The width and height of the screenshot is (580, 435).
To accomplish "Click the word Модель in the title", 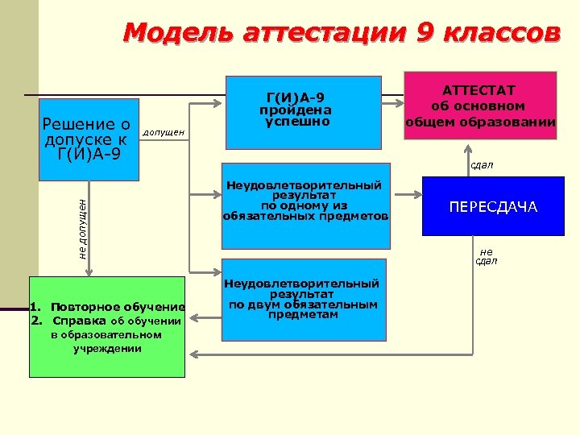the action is pyautogui.click(x=170, y=33).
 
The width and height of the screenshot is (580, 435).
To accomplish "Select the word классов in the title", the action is pyautogui.click(x=503, y=33).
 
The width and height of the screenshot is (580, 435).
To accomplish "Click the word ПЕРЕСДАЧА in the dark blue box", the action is pyautogui.click(x=493, y=208).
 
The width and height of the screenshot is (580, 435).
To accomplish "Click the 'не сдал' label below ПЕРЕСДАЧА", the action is pyautogui.click(x=486, y=256).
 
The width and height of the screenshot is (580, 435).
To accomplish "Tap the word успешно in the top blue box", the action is pyautogui.click(x=296, y=122).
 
